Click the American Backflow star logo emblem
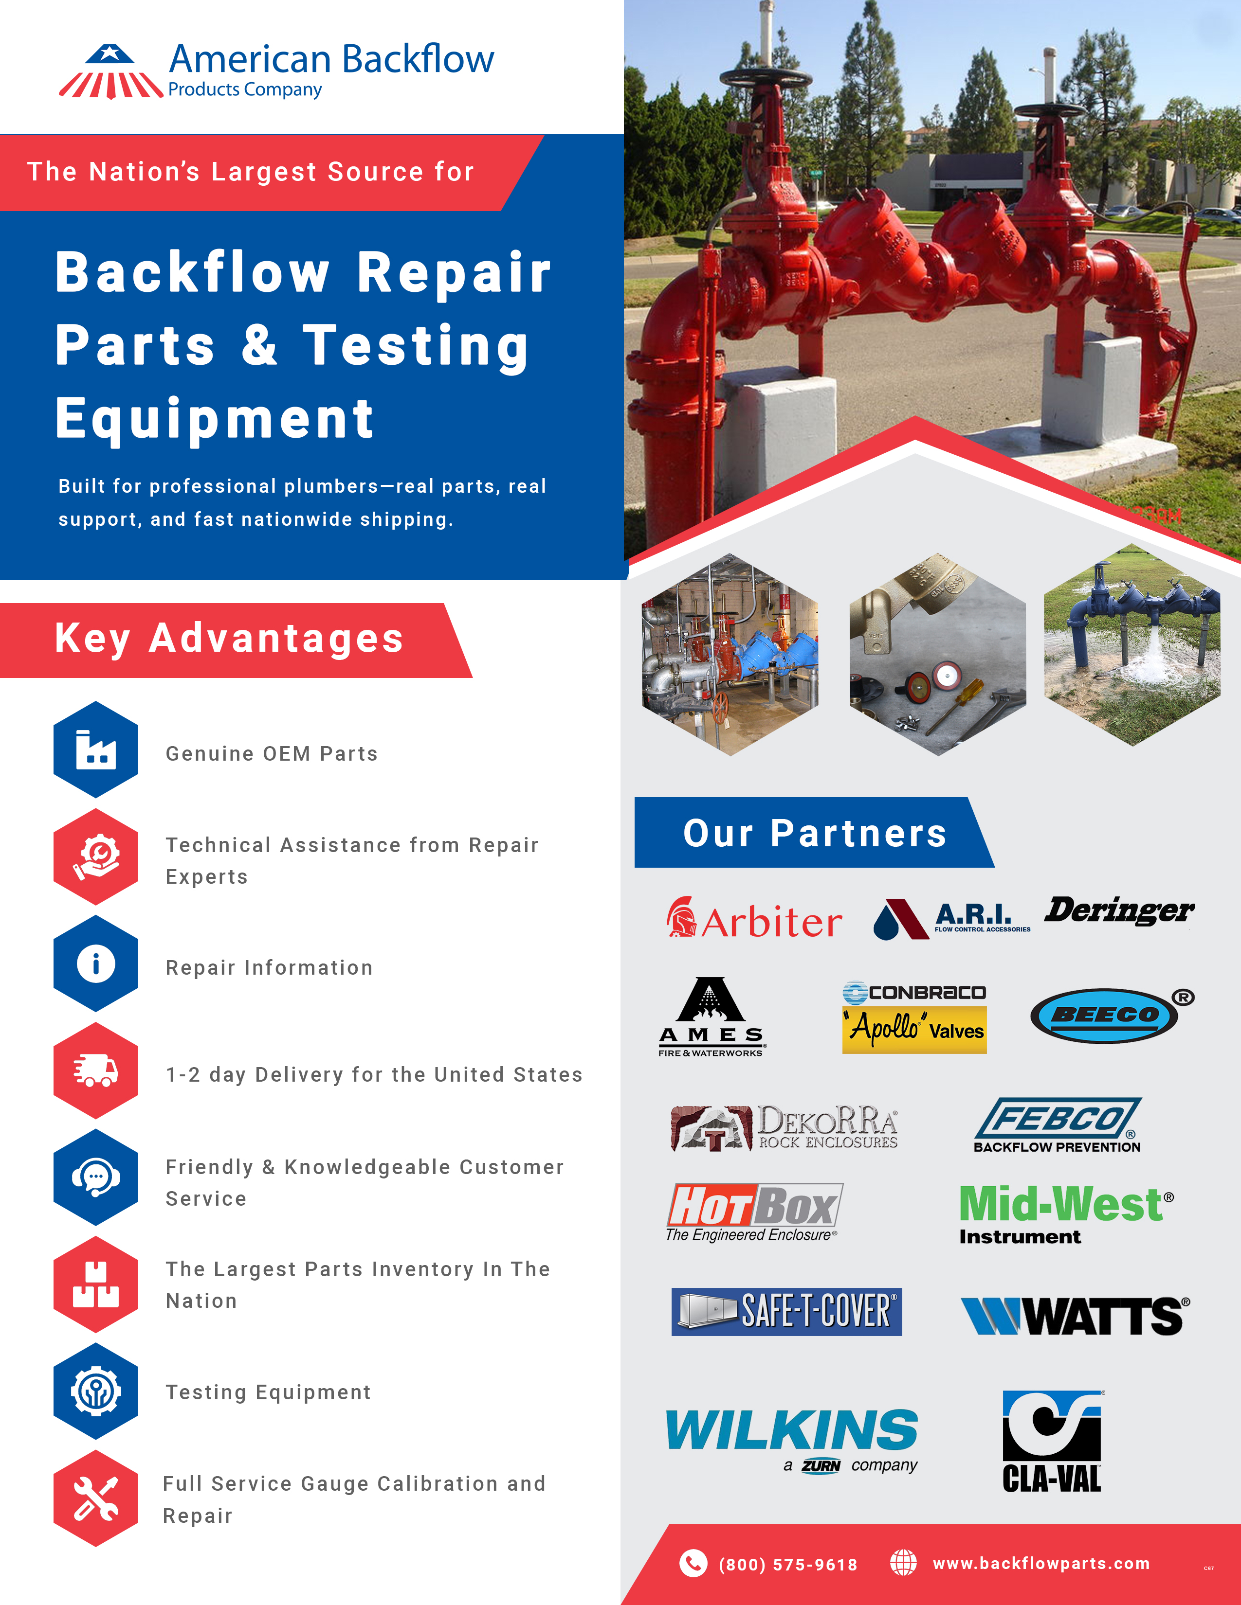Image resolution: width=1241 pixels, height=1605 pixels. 110,72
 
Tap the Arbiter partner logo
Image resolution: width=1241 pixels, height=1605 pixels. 754,919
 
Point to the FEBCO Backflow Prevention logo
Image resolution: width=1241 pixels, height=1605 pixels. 1057,1124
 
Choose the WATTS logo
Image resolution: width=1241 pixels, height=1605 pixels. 1074,1316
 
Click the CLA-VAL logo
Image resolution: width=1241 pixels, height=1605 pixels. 1052,1441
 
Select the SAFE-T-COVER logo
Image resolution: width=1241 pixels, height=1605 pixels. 786,1312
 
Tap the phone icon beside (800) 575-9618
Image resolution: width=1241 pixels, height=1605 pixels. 693,1563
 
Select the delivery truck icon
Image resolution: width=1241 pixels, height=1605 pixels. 95,1071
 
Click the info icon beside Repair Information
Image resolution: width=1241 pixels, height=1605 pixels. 95,963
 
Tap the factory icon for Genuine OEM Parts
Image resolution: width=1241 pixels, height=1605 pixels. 95,749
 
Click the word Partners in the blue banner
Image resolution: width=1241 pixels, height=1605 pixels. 858,833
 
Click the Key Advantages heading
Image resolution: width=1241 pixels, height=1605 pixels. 229,639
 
